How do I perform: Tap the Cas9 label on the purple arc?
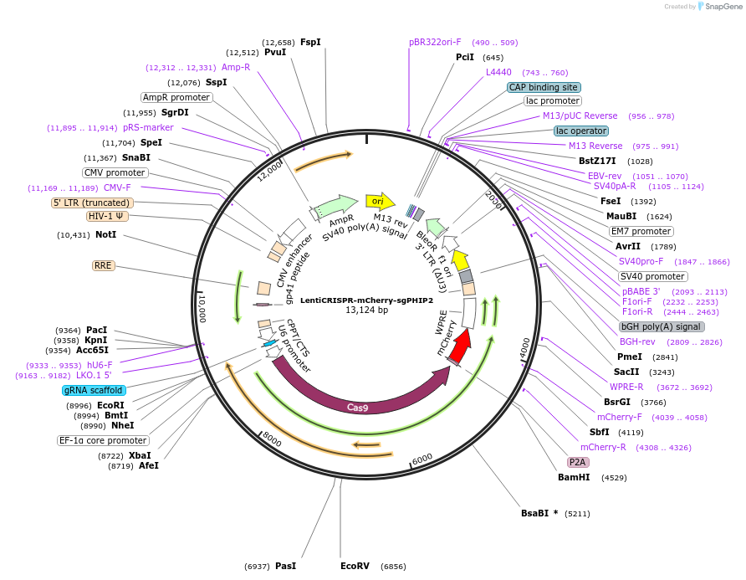(x=357, y=407)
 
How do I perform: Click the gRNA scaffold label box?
(x=94, y=391)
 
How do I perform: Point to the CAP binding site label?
(x=544, y=87)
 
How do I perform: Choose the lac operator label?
(x=581, y=131)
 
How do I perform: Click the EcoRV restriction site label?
(x=355, y=566)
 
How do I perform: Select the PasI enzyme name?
(x=285, y=566)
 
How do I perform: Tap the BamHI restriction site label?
(x=574, y=477)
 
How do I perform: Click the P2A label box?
(x=578, y=462)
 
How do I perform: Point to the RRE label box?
(x=103, y=265)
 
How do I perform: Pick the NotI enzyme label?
(x=105, y=234)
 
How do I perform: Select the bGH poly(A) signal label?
(x=662, y=326)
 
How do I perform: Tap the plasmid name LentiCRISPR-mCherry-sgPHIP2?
(x=367, y=300)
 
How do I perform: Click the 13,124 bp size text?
(x=367, y=310)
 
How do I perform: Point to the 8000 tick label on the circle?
(x=273, y=439)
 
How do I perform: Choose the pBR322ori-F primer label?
(x=435, y=43)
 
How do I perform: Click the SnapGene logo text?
(x=723, y=7)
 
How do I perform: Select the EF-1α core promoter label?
(x=103, y=440)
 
